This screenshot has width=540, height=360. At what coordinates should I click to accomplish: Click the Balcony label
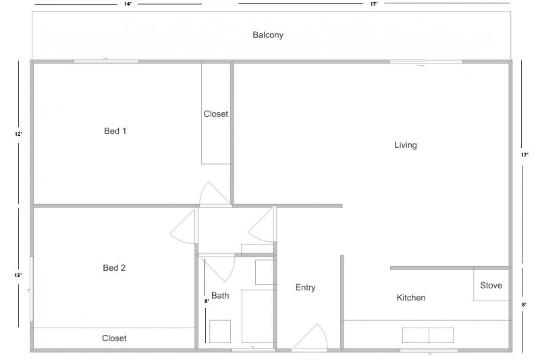point(268,34)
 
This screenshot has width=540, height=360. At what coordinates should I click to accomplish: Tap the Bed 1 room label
point(115,131)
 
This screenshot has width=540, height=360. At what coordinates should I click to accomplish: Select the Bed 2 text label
point(114,268)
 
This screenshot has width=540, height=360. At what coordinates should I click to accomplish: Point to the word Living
point(406,145)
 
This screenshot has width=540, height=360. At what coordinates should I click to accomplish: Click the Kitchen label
point(410,298)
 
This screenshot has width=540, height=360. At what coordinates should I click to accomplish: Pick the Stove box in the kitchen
point(491,285)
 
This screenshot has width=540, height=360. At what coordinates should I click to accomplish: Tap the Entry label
point(305,288)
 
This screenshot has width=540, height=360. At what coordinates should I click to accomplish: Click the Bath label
point(220,296)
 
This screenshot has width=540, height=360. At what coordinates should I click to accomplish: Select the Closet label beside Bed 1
point(216,114)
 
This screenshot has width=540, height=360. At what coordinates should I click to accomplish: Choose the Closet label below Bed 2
point(114,338)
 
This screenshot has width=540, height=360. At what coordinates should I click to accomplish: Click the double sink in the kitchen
point(429,336)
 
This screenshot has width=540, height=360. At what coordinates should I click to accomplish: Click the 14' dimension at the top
point(127,4)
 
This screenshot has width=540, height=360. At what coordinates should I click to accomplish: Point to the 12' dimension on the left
point(19,134)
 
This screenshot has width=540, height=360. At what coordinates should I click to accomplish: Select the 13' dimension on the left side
point(19,276)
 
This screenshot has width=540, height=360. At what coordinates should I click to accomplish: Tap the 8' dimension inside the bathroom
point(206,301)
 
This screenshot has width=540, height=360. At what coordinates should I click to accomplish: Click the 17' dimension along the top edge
point(373,4)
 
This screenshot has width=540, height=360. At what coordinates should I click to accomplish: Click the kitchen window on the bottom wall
point(429,351)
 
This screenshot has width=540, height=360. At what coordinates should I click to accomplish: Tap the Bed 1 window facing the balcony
point(106,61)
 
